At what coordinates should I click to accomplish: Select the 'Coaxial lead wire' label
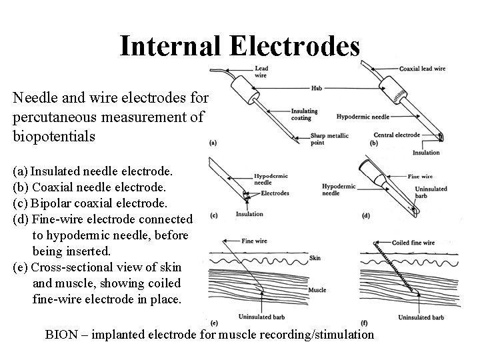click(423, 69)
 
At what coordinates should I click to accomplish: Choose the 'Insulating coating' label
click(304, 114)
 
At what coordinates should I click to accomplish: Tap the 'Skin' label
click(314, 257)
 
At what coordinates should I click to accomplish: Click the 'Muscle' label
click(318, 290)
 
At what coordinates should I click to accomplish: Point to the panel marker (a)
click(213, 142)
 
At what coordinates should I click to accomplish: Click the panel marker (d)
click(365, 215)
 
